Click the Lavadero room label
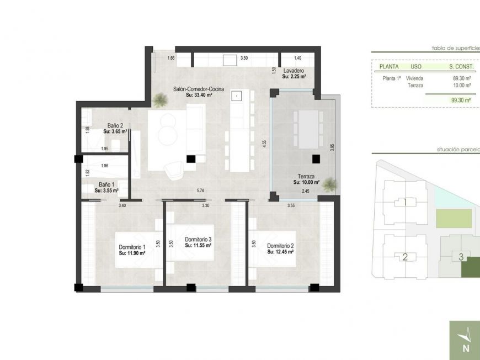[x=294, y=71]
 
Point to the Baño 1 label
[x=106, y=184]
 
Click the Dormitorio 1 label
[x=132, y=247]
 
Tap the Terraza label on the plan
[x=304, y=177]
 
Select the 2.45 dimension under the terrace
[x=305, y=191]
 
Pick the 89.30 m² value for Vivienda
[x=461, y=78]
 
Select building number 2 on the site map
[x=404, y=257]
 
